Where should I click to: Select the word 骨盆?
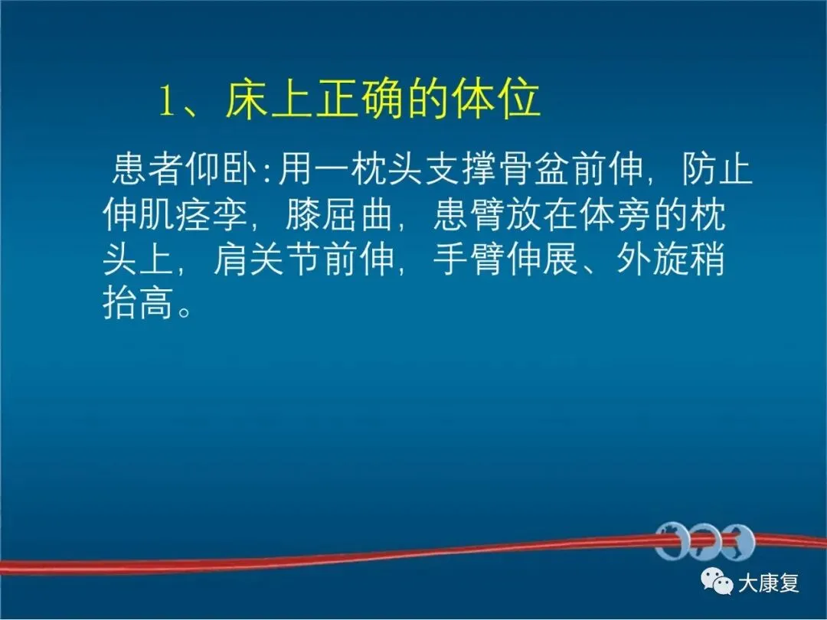click(534, 170)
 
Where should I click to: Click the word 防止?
click(717, 170)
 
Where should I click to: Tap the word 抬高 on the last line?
click(138, 304)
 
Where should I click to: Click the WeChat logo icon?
click(716, 582)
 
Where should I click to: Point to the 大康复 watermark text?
click(769, 583)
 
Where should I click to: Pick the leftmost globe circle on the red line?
click(670, 542)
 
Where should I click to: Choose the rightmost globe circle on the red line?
click(738, 542)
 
